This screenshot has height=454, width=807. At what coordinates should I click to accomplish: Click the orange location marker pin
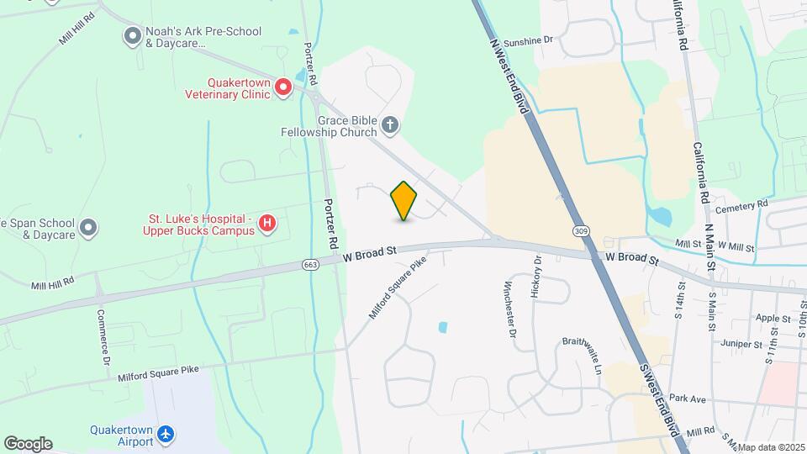404,201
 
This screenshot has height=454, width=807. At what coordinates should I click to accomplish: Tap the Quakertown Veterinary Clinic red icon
283,87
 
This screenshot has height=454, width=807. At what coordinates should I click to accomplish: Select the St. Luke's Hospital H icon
266,223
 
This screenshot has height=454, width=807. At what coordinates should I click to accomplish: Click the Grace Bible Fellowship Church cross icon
389,126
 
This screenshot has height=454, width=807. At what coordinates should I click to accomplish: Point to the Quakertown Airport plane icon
166,434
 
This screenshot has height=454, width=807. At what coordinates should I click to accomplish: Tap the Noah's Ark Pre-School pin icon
132,35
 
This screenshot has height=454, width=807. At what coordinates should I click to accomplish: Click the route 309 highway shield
581,230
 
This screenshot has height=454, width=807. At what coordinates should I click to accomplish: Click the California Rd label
697,173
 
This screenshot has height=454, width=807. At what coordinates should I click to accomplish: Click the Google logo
28,443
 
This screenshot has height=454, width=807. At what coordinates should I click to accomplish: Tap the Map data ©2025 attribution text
770,447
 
